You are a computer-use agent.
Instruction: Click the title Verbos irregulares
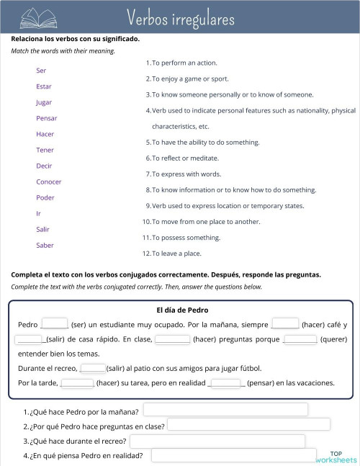tap(180, 17)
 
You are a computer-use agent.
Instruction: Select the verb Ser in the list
tap(41, 71)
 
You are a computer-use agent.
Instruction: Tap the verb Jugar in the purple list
tap(44, 102)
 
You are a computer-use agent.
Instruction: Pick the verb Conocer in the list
tap(49, 182)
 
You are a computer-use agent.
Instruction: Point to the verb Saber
tap(45, 245)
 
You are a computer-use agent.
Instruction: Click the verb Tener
tap(45, 150)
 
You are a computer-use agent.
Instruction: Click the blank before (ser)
tap(55, 324)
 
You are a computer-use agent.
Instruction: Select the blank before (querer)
tap(300, 339)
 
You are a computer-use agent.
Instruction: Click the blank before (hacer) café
tap(286, 324)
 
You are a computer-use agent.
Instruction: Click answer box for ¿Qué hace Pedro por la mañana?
tap(225, 410)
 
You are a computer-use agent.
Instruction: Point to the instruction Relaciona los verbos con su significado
tap(76, 39)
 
